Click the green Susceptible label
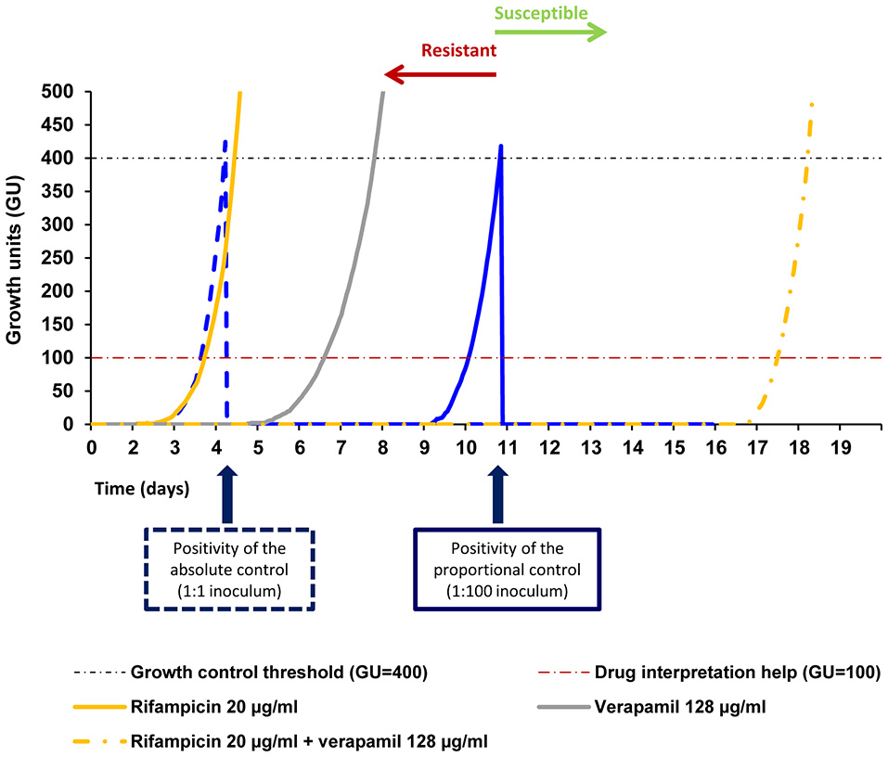click(541, 13)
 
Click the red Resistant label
click(458, 50)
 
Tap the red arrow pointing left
click(441, 73)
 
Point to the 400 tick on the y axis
click(63, 158)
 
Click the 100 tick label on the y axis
click(63, 358)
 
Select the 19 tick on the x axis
click(839, 446)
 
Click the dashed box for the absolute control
click(230, 570)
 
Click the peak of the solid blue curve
click(501, 146)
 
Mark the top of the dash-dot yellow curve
click(812, 104)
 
